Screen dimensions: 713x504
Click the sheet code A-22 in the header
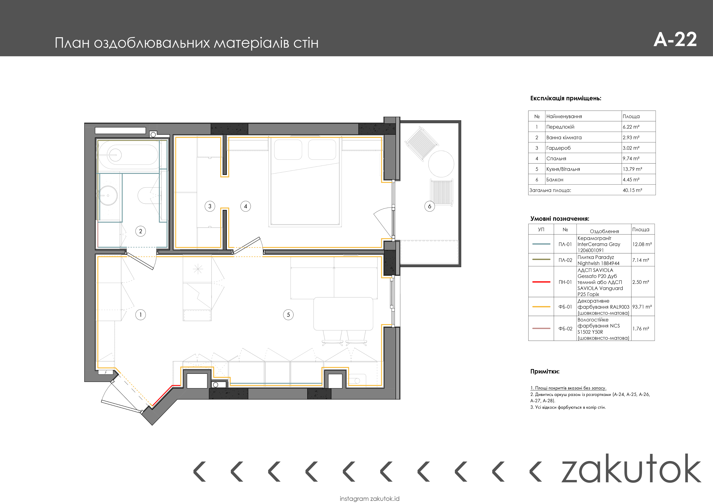(675, 40)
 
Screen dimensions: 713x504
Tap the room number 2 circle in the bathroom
(141, 231)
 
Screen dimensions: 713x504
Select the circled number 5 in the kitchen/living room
(288, 315)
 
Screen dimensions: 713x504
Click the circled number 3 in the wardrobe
(210, 206)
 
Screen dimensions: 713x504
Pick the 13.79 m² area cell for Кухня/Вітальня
(632, 169)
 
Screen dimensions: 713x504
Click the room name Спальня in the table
(556, 158)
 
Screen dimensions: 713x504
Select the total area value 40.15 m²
(632, 190)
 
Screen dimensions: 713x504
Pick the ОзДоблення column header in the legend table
(604, 231)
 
